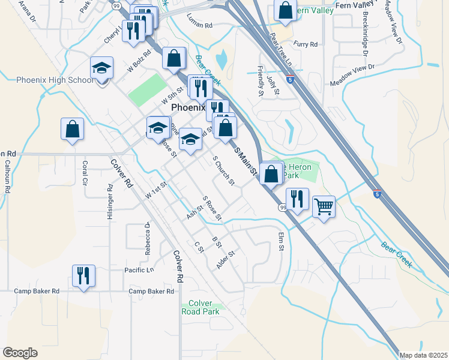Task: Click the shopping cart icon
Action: coord(324,207)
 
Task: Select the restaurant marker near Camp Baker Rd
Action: coord(83,276)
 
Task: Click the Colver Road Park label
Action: coord(200,307)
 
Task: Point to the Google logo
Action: coord(20,353)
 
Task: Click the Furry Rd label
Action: coord(305,44)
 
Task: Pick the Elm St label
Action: coord(280,242)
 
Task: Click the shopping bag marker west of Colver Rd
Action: coord(72,130)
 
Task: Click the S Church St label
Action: coord(223,171)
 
